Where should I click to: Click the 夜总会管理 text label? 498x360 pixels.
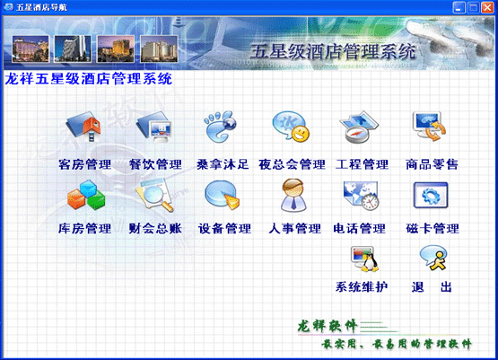click(x=292, y=164)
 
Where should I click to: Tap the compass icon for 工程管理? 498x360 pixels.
click(x=361, y=128)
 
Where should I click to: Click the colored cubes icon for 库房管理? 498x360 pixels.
click(x=83, y=194)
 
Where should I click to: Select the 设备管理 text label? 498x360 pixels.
click(x=223, y=229)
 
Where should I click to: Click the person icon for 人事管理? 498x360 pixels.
click(x=293, y=194)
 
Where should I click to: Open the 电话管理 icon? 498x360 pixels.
click(x=361, y=194)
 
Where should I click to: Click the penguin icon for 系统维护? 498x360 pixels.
click(x=362, y=259)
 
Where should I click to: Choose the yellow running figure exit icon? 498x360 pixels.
click(x=431, y=259)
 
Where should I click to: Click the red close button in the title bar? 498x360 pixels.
click(x=486, y=8)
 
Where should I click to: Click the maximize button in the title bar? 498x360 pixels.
click(x=471, y=8)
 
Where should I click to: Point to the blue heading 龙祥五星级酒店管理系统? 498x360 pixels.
click(x=89, y=78)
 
